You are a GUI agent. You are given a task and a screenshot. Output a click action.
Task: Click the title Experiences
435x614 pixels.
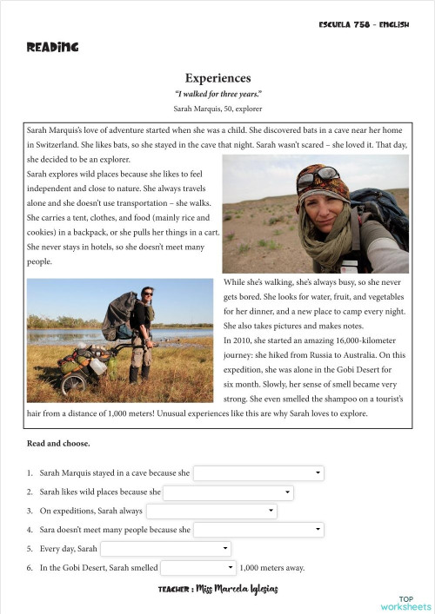tap(217, 78)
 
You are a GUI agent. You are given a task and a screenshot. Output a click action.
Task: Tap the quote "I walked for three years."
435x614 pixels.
tap(217, 94)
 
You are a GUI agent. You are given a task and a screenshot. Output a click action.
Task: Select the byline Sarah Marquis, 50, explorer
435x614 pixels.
tap(217, 109)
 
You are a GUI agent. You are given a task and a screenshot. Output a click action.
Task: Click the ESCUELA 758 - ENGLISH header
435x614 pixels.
tap(364, 24)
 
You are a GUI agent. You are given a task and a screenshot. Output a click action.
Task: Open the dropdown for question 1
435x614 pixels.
tap(258, 473)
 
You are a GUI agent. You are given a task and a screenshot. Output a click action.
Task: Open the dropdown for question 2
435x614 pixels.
tap(228, 492)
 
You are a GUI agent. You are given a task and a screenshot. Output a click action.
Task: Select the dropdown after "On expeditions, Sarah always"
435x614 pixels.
tap(211, 512)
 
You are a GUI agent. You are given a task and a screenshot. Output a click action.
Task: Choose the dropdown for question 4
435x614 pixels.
tap(258, 530)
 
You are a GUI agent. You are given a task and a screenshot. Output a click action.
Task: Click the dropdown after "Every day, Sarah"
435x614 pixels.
tap(165, 549)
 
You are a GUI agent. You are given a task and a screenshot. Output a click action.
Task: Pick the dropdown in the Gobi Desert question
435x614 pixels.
tap(198, 568)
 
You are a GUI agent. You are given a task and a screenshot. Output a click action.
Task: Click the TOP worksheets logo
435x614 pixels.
tap(405, 603)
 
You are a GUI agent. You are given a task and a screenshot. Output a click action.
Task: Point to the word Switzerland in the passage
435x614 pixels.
tap(57, 145)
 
